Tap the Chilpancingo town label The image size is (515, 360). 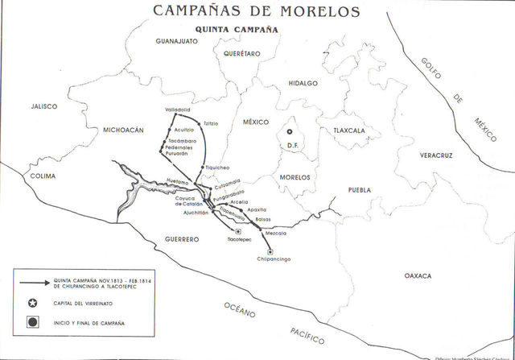click(x=274, y=259)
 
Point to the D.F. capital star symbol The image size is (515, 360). click(x=290, y=130)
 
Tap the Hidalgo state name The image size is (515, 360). click(x=303, y=83)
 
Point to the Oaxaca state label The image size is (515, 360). click(x=418, y=275)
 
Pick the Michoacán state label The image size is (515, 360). click(x=122, y=130)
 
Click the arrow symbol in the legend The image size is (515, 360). click(x=33, y=283)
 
